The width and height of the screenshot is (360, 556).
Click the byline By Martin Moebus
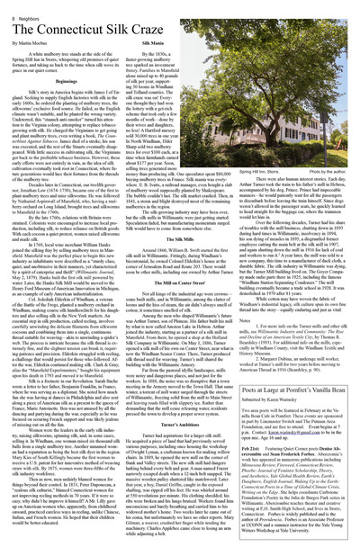pyautogui.click(x=31, y=44)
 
